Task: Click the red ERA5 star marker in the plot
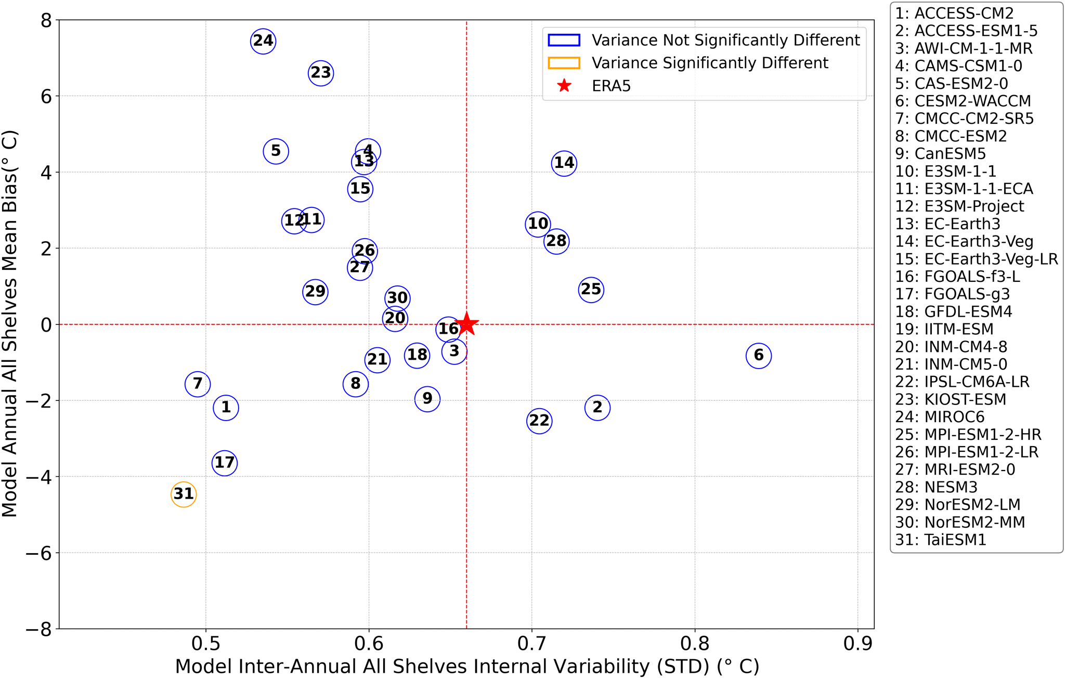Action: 466,324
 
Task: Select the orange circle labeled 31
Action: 184,494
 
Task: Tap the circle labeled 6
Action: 759,356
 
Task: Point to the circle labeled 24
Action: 263,41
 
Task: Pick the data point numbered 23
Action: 321,73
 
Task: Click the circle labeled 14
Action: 564,163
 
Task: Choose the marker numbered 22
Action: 539,421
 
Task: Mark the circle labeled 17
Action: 225,463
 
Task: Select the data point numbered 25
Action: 591,290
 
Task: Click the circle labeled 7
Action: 198,384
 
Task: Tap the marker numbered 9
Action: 427,399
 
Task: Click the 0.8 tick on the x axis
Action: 695,644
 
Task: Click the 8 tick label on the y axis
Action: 46,21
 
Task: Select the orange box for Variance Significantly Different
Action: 564,63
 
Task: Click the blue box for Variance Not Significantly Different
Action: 564,40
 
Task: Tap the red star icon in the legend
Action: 564,86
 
